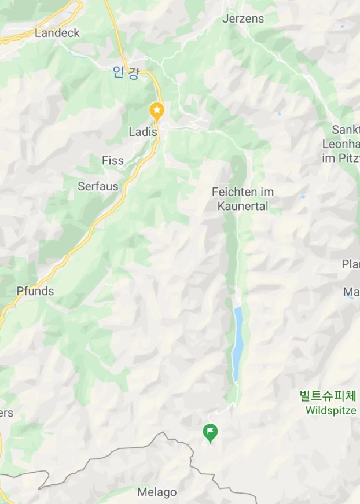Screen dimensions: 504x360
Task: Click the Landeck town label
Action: pyautogui.click(x=57, y=33)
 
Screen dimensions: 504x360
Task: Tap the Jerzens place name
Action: pyautogui.click(x=243, y=19)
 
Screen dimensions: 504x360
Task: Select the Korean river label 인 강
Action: pyautogui.click(x=126, y=72)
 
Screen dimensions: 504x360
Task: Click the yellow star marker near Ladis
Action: pyautogui.click(x=157, y=110)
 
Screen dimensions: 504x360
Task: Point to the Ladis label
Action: pyautogui.click(x=143, y=132)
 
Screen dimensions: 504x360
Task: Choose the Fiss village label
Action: pyautogui.click(x=113, y=161)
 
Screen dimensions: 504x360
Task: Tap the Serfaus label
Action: pyautogui.click(x=98, y=186)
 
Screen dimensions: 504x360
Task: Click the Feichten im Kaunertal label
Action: pyautogui.click(x=243, y=198)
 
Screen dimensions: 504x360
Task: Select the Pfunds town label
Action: pyautogui.click(x=35, y=291)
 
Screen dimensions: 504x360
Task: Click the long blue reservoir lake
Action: pyautogui.click(x=237, y=344)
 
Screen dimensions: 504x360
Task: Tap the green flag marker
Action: pyautogui.click(x=211, y=432)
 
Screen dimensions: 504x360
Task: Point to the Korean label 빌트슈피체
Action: pyautogui.click(x=328, y=396)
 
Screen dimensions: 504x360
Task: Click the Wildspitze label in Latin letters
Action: pyautogui.click(x=330, y=410)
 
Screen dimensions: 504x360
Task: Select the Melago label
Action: pyautogui.click(x=157, y=492)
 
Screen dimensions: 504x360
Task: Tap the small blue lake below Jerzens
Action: pyautogui.click(x=279, y=113)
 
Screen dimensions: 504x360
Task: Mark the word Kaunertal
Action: pyautogui.click(x=243, y=206)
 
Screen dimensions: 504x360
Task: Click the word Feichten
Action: pyautogui.click(x=234, y=192)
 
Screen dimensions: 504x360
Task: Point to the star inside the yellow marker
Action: pyautogui.click(x=157, y=109)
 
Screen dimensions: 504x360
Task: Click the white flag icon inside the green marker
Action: pyautogui.click(x=211, y=431)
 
